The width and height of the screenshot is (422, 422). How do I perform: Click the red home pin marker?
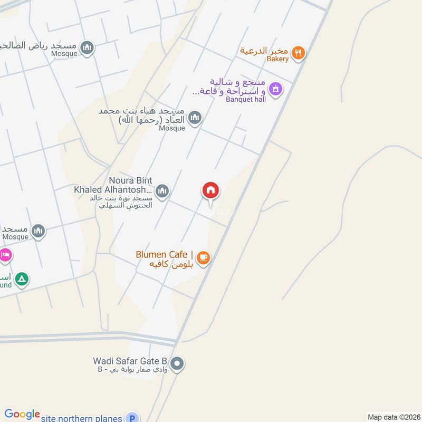point(211,191)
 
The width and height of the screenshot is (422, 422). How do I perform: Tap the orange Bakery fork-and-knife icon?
point(299,52)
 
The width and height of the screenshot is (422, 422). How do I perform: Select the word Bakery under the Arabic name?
point(277,59)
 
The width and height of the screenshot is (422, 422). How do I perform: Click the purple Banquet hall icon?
point(274,89)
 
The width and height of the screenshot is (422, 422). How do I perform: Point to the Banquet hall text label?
point(246,99)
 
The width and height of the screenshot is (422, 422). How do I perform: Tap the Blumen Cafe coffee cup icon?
point(203,257)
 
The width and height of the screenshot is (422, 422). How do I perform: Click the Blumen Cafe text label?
point(164,254)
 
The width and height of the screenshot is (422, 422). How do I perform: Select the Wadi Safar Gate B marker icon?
point(178,363)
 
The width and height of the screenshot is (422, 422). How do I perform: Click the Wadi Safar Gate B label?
point(130,361)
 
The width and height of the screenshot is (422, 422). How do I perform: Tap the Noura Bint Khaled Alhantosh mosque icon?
point(162,190)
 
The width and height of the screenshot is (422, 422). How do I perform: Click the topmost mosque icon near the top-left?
point(88,47)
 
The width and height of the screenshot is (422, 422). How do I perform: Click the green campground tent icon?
point(21,279)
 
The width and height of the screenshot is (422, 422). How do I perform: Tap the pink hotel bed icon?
point(5,255)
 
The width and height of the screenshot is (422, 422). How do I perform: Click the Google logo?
point(22,415)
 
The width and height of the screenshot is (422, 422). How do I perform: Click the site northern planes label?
point(83,417)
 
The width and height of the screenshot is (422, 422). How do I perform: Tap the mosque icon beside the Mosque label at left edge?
point(38,231)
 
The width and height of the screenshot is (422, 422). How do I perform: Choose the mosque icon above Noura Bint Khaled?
point(195,118)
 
